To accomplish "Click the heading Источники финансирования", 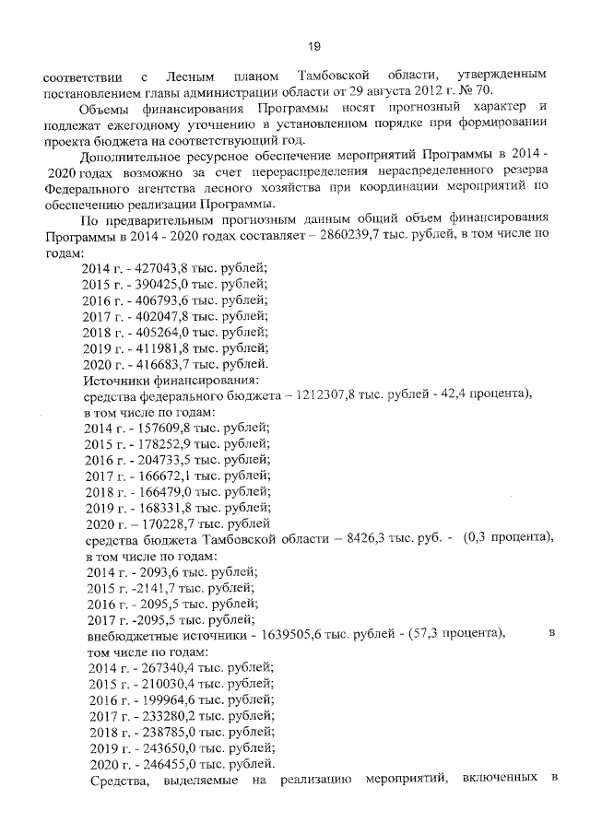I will (171, 379).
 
